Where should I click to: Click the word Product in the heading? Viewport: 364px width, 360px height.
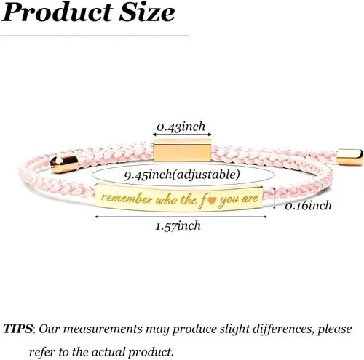(58, 12)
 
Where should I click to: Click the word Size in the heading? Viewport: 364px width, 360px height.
(147, 12)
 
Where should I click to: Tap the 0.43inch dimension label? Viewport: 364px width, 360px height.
(181, 127)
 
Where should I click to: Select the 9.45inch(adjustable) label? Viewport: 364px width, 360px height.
(182, 175)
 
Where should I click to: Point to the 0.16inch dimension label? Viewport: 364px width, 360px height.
(308, 206)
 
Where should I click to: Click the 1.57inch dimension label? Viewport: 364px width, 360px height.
(178, 226)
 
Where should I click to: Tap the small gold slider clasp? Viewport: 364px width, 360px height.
(182, 150)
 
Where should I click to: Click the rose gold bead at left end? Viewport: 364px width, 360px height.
(64, 164)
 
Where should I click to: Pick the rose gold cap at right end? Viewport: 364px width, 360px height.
(349, 157)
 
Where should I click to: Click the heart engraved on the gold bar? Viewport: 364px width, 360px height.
(212, 201)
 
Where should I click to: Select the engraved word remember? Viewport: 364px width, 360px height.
(127, 198)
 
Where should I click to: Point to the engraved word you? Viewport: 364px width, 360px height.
(229, 201)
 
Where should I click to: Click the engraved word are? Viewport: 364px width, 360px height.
(250, 199)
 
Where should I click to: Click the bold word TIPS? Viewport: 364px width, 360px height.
(17, 329)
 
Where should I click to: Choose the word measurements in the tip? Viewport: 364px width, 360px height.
(103, 329)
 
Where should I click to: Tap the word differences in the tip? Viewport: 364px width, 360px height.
(282, 329)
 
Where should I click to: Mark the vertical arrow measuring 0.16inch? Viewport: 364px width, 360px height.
(274, 198)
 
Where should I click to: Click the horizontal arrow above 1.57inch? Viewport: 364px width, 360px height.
(181, 217)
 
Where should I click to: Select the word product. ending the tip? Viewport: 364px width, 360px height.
(151, 352)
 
